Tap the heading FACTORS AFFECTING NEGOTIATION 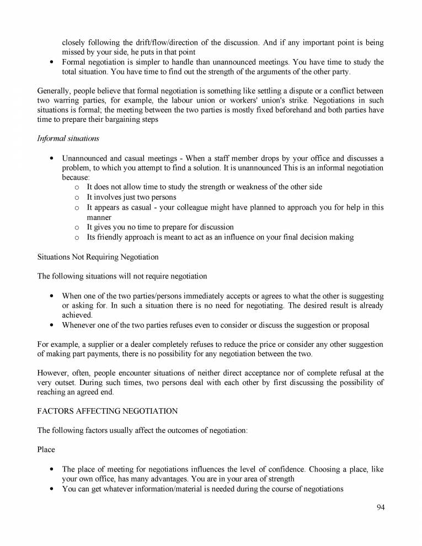(x=107, y=411)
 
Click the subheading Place (x=46, y=449)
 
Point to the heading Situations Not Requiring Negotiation (x=98, y=257)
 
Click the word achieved (x=77, y=315)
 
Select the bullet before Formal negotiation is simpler (x=51, y=62)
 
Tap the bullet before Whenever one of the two (x=51, y=325)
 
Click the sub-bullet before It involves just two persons (x=77, y=197)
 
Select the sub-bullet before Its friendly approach (x=77, y=237)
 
